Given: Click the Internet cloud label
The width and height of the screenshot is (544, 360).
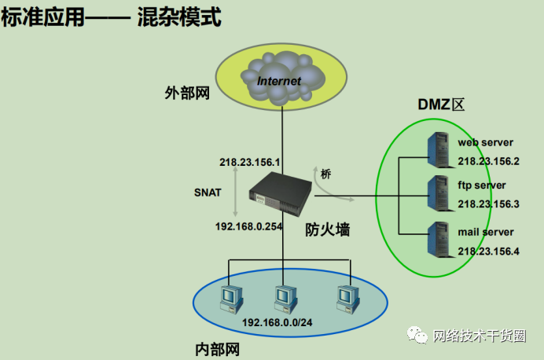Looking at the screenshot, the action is [278, 81].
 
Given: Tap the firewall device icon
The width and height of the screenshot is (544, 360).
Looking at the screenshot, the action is [281, 195].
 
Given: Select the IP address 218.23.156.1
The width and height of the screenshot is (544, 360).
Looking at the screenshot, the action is [249, 162].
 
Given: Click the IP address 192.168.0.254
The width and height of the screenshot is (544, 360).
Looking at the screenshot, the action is [248, 226].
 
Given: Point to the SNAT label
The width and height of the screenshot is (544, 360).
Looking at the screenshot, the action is [208, 193].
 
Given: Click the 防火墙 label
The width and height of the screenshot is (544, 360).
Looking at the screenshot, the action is [328, 230].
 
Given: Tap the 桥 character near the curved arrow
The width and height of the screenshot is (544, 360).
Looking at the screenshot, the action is [325, 174].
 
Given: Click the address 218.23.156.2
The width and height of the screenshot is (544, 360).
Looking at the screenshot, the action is [488, 161].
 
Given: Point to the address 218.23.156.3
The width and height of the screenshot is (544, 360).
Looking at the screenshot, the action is [488, 204].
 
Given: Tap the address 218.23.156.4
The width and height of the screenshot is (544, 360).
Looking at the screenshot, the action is [488, 251].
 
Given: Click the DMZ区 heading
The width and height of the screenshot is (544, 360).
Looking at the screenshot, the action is [441, 105].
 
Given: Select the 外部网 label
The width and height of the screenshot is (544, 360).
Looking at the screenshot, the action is [187, 93].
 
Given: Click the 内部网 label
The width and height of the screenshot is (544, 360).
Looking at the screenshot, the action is [218, 349].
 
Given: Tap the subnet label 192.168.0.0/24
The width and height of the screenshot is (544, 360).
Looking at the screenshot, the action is [278, 322].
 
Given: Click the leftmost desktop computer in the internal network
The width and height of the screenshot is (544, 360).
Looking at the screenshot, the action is [231, 299].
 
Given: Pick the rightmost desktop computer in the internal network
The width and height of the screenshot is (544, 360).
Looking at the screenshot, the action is [348, 299].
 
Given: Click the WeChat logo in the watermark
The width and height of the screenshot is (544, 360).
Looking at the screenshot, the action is [417, 335].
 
